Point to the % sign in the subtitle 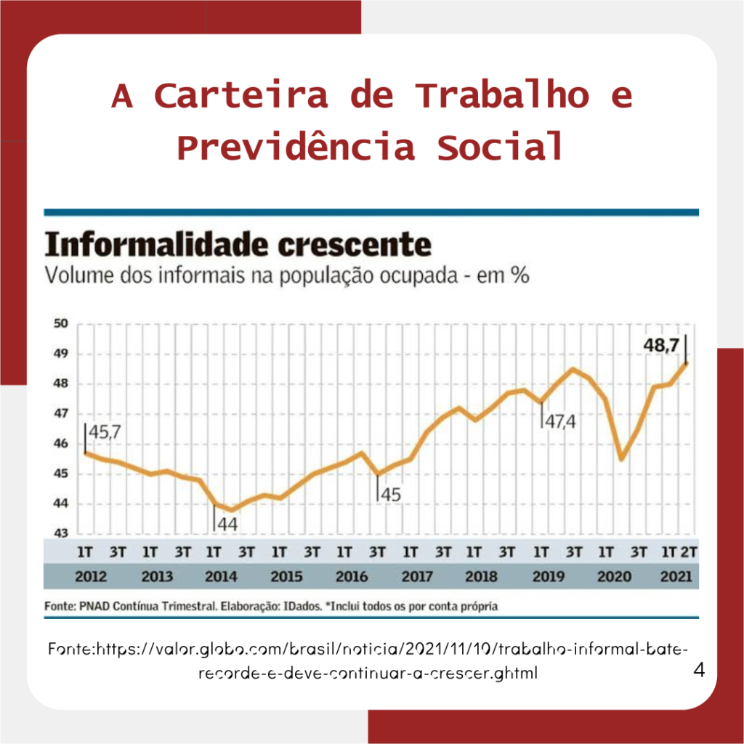519,277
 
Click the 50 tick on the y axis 61,324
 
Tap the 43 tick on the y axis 61,533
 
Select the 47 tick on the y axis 61,414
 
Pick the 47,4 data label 560,421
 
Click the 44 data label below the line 228,522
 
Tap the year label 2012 92,577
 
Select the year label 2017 417,577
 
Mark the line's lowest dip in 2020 622,459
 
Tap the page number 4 699,669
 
